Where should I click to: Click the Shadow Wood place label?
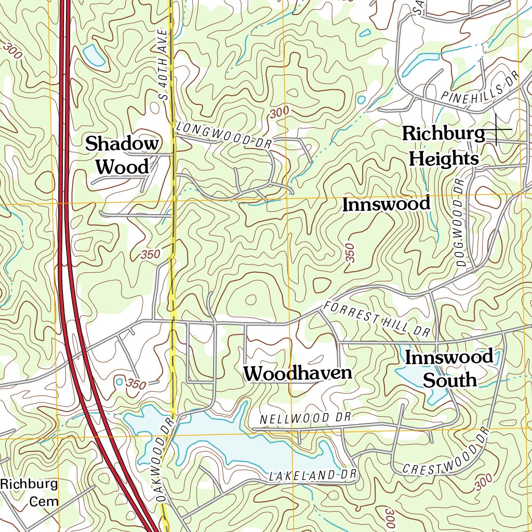point(122,155)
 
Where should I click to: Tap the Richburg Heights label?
point(443,146)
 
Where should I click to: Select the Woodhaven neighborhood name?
point(298,373)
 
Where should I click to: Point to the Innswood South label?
point(449,368)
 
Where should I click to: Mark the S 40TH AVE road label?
point(165,65)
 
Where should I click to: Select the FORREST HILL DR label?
point(374,317)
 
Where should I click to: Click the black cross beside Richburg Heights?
point(496,128)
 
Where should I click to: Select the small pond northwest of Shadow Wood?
point(94,55)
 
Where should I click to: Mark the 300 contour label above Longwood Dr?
point(280,112)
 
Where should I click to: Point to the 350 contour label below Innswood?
point(349,253)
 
